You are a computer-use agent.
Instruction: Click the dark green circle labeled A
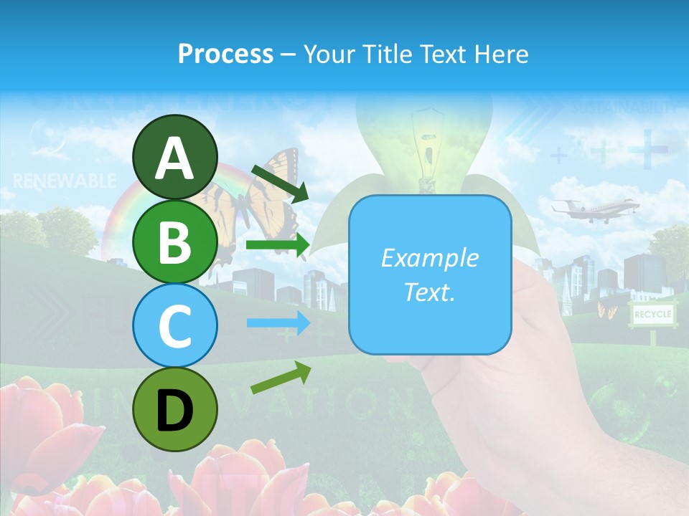[x=174, y=157]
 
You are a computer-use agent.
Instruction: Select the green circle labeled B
[x=174, y=241]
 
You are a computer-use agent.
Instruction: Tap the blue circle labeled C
[x=174, y=325]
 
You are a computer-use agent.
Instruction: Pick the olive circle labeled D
[x=174, y=409]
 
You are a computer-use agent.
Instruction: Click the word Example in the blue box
[x=430, y=258]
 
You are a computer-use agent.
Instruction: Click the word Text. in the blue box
[x=430, y=292]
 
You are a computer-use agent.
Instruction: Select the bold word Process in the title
[x=225, y=54]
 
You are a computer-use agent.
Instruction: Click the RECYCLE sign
[x=652, y=314]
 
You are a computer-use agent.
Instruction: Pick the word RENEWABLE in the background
[x=64, y=180]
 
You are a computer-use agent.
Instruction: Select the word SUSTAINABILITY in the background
[x=624, y=108]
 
